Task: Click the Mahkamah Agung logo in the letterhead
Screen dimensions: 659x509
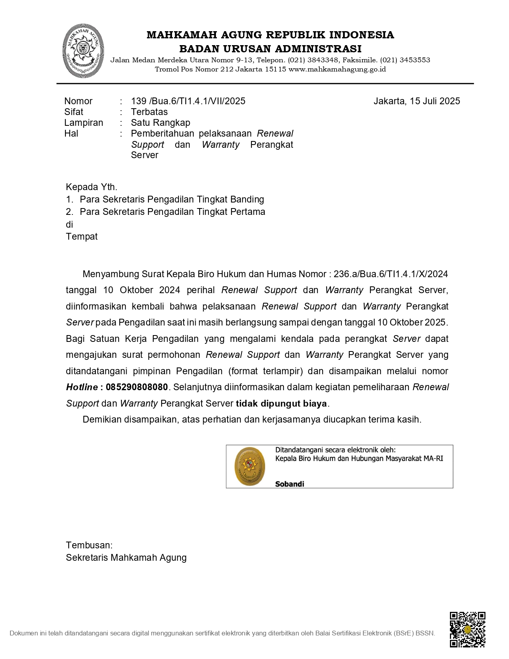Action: point(83,51)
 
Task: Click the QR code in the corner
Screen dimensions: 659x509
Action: point(467,629)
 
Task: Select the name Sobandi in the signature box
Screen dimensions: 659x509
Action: point(289,484)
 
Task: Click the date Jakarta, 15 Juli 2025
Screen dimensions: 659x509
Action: point(416,101)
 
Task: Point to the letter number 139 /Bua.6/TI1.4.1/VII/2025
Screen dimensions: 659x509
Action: point(188,101)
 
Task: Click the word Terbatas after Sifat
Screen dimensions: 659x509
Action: point(149,112)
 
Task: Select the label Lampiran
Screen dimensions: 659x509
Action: point(83,123)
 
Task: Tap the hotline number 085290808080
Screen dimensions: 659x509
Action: point(137,387)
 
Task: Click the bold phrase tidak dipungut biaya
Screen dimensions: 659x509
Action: point(281,404)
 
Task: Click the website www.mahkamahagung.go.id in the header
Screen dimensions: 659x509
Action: point(337,69)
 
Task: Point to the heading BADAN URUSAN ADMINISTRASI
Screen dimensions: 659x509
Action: point(270,49)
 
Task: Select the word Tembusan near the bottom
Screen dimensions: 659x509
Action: point(89,546)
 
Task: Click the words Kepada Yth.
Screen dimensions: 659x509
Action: point(91,187)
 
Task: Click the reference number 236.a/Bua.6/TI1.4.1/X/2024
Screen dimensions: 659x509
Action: point(390,274)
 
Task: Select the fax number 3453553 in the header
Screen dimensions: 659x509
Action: point(415,60)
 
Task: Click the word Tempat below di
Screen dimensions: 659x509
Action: point(81,236)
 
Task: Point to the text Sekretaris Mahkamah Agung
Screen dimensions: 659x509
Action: point(126,558)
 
